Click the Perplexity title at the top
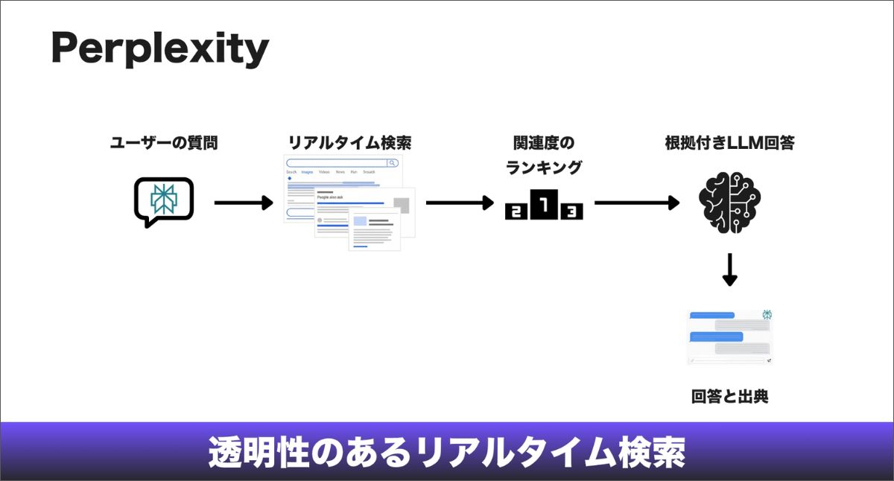159,50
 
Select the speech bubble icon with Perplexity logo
163,200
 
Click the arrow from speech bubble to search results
243,202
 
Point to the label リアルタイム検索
349,143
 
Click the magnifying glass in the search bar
392,162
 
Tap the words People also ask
333,197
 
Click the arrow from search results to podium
459,202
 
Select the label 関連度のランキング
544,155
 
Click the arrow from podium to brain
637,202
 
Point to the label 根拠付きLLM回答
729,143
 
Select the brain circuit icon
729,202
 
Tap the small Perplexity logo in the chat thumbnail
767,314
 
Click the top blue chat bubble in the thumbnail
712,315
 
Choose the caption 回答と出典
729,397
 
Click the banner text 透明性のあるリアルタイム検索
446,452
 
